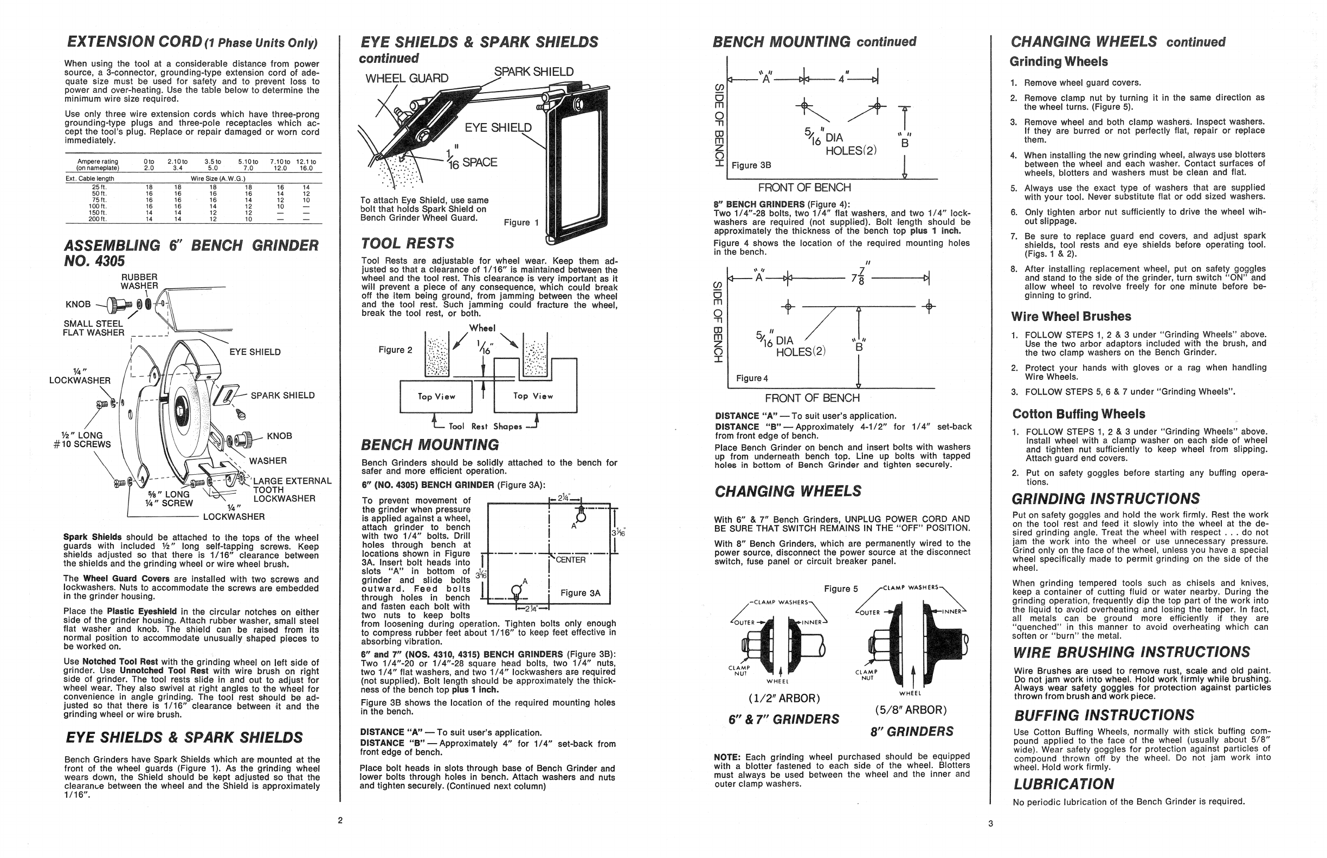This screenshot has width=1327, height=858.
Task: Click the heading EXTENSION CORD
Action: (134, 42)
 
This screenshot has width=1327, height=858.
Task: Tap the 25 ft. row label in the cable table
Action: (99, 187)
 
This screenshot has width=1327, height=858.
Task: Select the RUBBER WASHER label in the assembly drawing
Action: (139, 281)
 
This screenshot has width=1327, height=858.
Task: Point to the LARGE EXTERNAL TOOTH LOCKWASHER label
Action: (292, 490)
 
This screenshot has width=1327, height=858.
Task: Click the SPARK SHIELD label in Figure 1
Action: (533, 72)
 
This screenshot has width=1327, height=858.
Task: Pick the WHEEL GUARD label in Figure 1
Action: (407, 79)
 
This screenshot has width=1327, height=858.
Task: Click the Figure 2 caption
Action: (395, 350)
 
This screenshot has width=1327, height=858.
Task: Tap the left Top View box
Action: (436, 397)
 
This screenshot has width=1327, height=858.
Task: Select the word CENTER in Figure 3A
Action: (570, 560)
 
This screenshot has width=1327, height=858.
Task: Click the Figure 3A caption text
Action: (580, 593)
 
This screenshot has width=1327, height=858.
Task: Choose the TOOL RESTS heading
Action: (407, 243)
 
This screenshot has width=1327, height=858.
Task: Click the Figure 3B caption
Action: (751, 165)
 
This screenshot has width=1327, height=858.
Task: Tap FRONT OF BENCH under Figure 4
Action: (811, 398)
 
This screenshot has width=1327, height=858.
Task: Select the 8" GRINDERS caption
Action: (911, 732)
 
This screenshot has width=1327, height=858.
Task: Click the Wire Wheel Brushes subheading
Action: (1071, 317)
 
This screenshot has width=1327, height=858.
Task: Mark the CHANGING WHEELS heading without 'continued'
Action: (787, 492)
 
